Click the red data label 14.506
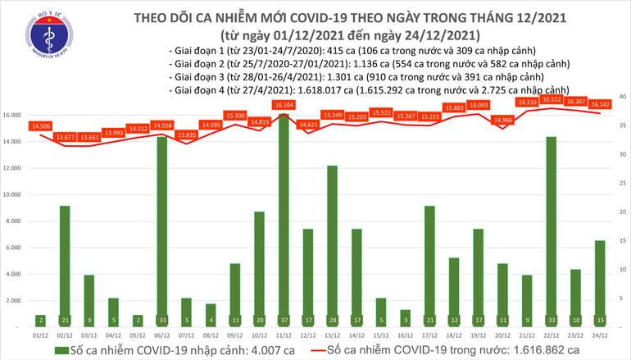point(39,125)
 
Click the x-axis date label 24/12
point(598,335)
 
